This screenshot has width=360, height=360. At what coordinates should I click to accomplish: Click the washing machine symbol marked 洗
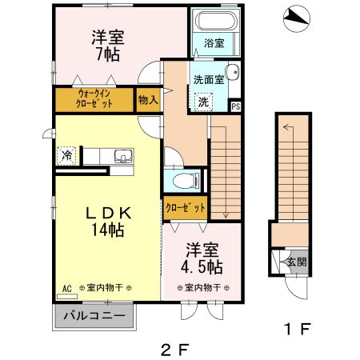pyautogui.click(x=203, y=102)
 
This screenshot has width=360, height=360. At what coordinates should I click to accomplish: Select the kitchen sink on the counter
pyautogui.click(x=119, y=155)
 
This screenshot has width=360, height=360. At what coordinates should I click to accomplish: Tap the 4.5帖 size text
pyautogui.click(x=199, y=266)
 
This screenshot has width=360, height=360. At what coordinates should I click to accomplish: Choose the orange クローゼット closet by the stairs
pyautogui.click(x=186, y=207)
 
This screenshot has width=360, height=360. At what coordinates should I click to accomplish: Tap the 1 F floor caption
pyautogui.click(x=294, y=328)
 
